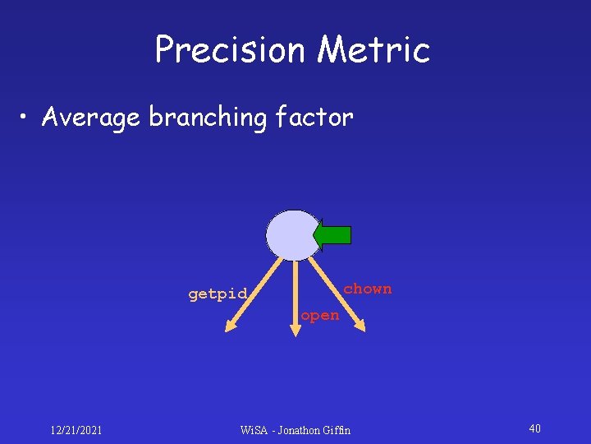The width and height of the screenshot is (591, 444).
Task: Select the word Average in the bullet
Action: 90,118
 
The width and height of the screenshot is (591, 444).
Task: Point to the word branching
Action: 208,118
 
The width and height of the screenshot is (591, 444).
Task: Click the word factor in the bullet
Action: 314,118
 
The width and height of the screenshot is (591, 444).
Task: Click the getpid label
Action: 218,294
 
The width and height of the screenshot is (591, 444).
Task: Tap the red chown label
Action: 367,289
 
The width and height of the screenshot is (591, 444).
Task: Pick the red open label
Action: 319,315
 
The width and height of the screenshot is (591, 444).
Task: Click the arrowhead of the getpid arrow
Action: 230,327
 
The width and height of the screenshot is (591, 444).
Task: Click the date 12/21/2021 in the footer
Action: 76,429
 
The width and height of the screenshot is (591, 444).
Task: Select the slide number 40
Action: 534,428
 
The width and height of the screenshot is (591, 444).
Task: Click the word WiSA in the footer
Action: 255,430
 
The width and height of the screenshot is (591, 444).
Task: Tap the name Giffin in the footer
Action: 337,430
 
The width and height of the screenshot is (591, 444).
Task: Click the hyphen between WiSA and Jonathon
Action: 274,430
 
